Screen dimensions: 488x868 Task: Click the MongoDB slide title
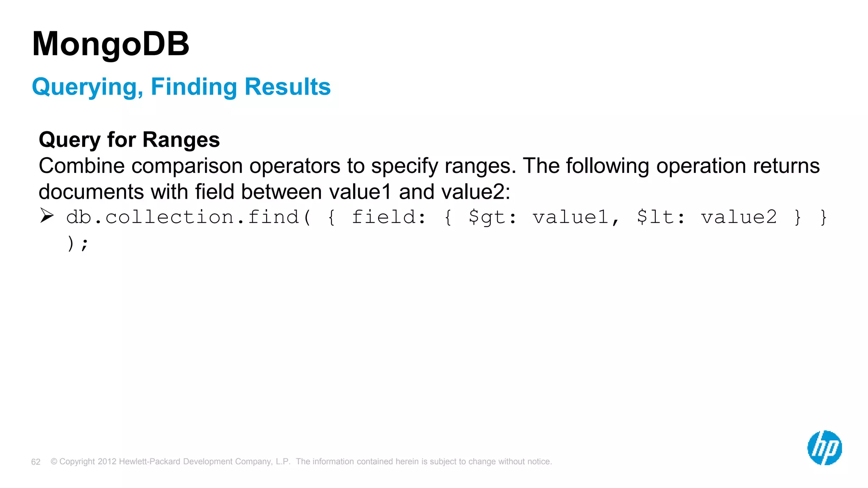tap(111, 44)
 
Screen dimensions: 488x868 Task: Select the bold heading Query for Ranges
tap(129, 140)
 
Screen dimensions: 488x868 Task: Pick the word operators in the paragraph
tap(295, 166)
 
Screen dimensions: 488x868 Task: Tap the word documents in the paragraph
tap(91, 192)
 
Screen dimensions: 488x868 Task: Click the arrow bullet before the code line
tap(47, 216)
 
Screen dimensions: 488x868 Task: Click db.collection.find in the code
tap(183, 217)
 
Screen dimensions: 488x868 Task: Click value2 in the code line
tap(739, 217)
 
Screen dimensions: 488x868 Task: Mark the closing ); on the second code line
tap(78, 244)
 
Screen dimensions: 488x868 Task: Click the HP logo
tap(824, 448)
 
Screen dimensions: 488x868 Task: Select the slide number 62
tap(36, 462)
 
